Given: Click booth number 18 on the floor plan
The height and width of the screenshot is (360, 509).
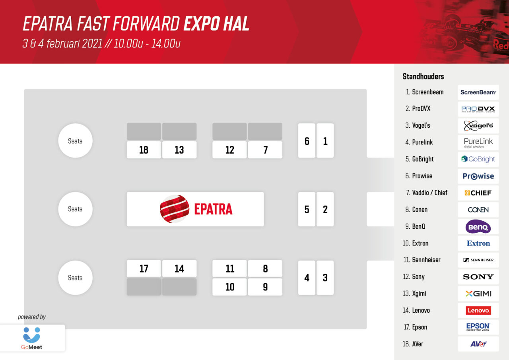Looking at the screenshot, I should click(x=144, y=150).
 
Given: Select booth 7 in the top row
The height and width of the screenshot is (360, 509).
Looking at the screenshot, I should click(x=265, y=150).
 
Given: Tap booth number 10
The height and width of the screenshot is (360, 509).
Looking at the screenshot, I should click(x=229, y=287).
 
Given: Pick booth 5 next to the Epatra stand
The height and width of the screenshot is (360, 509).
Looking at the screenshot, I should click(x=307, y=209).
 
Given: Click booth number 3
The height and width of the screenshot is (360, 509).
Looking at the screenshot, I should click(x=325, y=278).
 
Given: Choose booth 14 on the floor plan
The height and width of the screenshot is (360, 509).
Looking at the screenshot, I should click(x=179, y=269).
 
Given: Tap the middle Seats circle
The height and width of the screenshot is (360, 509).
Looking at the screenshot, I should click(x=75, y=209).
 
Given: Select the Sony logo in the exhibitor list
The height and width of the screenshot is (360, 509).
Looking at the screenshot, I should click(x=478, y=277).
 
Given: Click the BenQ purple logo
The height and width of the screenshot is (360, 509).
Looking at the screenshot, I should click(x=478, y=227).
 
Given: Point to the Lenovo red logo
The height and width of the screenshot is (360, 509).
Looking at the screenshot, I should click(x=478, y=310).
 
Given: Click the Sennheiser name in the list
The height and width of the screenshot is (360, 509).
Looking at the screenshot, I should click(x=426, y=260).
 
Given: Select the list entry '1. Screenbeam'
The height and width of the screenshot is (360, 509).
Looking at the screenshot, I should click(x=424, y=92).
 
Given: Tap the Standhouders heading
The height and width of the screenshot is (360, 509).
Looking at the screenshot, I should click(x=423, y=76).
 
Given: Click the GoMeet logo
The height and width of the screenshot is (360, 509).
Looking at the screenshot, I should click(x=32, y=338).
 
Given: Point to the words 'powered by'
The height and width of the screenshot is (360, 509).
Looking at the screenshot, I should click(x=32, y=317).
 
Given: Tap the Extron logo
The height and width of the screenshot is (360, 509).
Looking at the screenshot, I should click(x=478, y=243).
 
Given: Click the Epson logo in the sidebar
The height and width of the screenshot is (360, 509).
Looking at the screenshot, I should click(x=478, y=327).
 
